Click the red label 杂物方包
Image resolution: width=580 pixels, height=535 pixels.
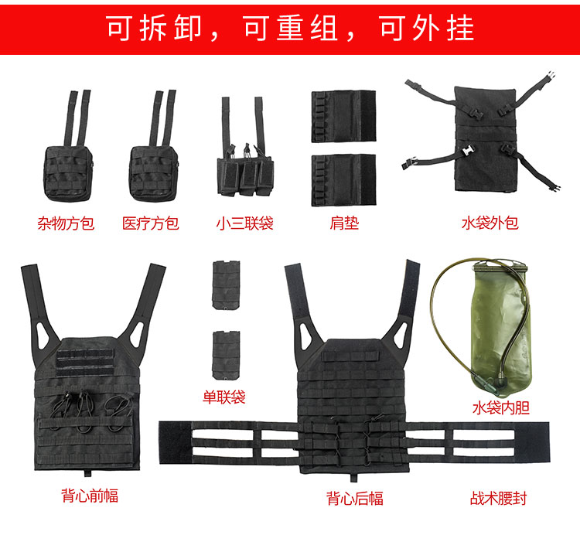(x=66, y=223)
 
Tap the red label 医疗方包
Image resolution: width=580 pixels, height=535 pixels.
(x=151, y=223)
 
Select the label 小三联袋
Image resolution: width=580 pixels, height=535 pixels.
(x=245, y=223)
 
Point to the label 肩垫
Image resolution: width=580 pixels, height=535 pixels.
(x=344, y=223)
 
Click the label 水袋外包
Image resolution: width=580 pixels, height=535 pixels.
(x=490, y=223)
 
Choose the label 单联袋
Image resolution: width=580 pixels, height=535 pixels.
(x=224, y=397)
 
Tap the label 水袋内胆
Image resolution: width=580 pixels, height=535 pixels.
(x=501, y=407)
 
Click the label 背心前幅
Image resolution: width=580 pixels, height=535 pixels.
(x=90, y=496)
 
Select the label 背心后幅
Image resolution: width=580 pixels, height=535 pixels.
(x=355, y=498)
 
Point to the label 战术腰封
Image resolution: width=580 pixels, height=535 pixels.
(x=498, y=498)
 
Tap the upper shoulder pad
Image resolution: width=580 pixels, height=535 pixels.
(x=343, y=116)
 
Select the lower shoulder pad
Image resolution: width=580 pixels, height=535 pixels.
(x=343, y=180)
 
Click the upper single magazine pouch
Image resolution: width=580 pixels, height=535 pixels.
(x=226, y=285)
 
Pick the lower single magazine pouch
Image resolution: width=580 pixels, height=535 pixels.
(x=226, y=356)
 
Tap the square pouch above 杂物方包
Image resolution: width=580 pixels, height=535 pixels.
(x=69, y=174)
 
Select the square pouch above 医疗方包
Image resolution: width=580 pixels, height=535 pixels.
(x=154, y=174)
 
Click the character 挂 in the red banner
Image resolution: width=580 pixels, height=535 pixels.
(x=460, y=29)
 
